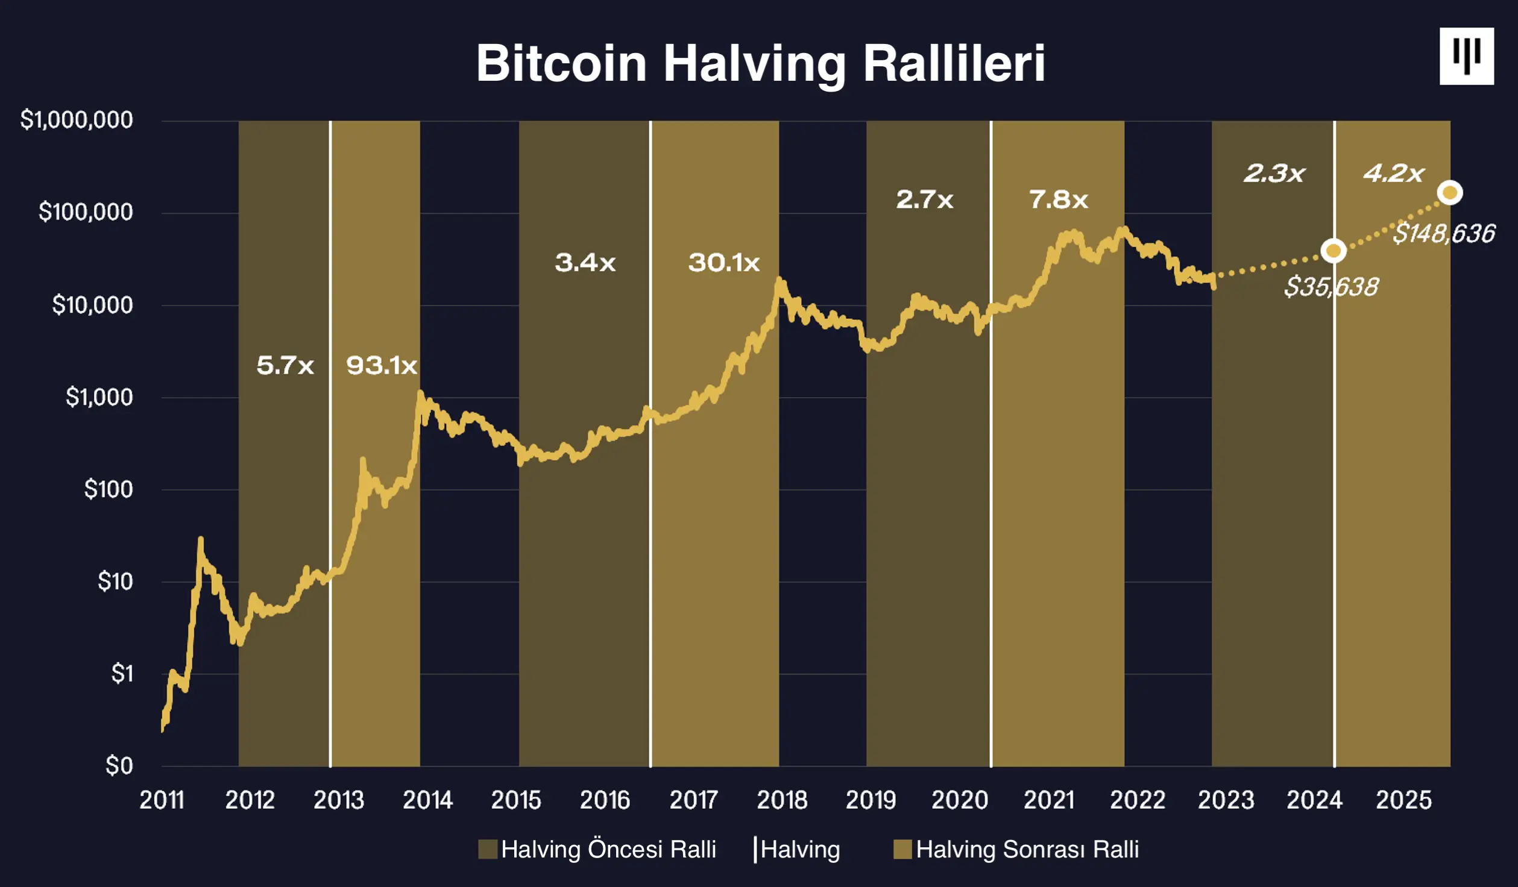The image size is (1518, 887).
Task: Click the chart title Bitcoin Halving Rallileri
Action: tap(760, 63)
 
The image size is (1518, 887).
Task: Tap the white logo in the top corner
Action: tap(1466, 56)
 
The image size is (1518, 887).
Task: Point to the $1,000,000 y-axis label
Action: tap(77, 120)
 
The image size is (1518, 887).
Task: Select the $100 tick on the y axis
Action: tap(109, 489)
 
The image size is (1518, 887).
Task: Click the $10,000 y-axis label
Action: tap(92, 305)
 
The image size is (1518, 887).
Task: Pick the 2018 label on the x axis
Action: tap(782, 800)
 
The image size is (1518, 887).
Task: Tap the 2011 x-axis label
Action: tap(162, 800)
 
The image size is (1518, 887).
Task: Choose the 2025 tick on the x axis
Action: tap(1403, 800)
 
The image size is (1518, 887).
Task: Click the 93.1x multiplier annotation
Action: tap(382, 366)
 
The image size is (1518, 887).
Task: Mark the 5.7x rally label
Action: tap(285, 366)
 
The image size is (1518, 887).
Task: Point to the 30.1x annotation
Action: tap(724, 263)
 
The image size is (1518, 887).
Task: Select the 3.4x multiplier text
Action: tap(585, 263)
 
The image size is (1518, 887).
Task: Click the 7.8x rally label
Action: tap(1059, 199)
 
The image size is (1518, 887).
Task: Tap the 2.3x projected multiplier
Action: tap(1274, 174)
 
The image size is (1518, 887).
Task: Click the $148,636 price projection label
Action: tap(1444, 233)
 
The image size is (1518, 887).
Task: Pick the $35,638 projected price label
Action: tap(1331, 287)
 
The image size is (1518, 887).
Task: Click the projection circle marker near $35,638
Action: tap(1334, 251)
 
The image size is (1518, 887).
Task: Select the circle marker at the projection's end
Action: tap(1450, 193)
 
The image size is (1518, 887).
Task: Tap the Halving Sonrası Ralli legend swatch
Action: tap(902, 850)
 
